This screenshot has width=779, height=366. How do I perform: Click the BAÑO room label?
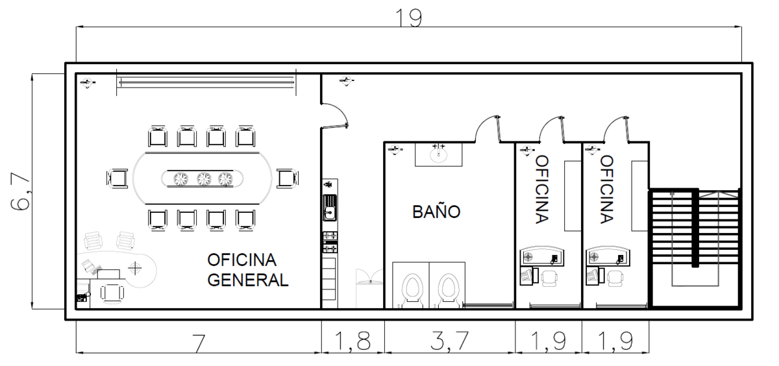pyautogui.click(x=436, y=212)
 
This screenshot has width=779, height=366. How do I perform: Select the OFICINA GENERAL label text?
pyautogui.click(x=247, y=270)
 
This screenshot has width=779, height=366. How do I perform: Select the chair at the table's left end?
pyautogui.click(x=118, y=178)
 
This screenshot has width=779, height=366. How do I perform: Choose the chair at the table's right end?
pyautogui.click(x=286, y=178)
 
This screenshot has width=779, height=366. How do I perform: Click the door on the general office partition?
pyautogui.click(x=336, y=115)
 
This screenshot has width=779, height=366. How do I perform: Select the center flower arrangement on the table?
pyautogui.click(x=204, y=178)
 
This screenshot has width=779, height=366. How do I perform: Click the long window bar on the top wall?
pyautogui.click(x=205, y=81)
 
